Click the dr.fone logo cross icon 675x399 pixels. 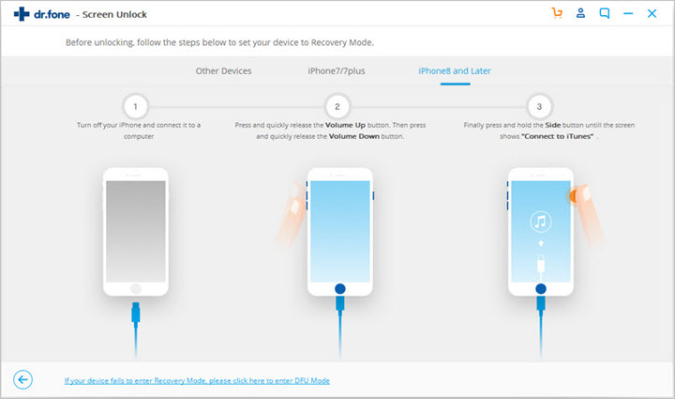click(20, 14)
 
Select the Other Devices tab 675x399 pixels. click(223, 71)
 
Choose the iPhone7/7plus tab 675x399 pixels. click(336, 71)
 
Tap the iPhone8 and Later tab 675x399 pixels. click(455, 71)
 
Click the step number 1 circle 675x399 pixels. click(136, 105)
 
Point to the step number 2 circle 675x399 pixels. click(337, 105)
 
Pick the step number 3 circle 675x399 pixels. click(538, 105)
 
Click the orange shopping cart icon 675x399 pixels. click(558, 14)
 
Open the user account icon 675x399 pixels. click(581, 14)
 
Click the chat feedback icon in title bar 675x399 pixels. click(605, 14)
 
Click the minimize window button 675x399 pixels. click(629, 14)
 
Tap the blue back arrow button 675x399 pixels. click(23, 379)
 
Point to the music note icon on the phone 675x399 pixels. click(539, 223)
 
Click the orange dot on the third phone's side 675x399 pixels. click(572, 194)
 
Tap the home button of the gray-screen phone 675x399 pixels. click(136, 287)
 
